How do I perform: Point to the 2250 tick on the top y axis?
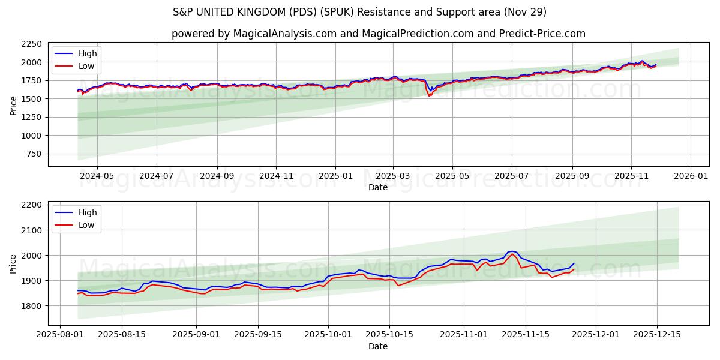click(31, 44)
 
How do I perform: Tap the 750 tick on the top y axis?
click(34, 154)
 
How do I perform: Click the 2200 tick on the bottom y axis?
click(31, 205)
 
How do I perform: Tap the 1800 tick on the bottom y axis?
click(31, 306)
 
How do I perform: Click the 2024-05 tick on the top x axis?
click(97, 176)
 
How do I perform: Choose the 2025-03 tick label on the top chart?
click(393, 176)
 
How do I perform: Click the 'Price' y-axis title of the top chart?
click(14, 104)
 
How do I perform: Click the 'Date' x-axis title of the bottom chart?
click(378, 346)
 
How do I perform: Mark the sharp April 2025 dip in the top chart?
click(430, 95)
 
